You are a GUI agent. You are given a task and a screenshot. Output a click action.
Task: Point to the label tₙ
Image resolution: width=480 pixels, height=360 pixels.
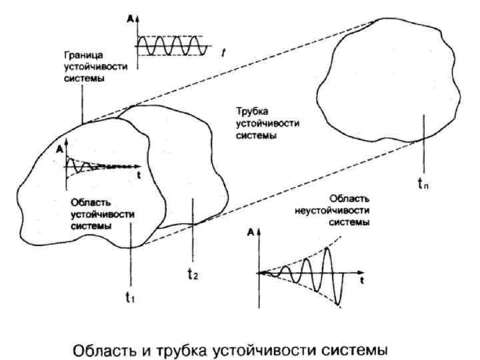tap(423, 185)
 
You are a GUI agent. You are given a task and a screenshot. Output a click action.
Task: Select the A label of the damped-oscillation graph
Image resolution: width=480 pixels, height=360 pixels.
tap(61, 148)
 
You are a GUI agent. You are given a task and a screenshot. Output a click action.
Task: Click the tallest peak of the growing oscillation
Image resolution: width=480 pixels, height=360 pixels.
tap(327, 250)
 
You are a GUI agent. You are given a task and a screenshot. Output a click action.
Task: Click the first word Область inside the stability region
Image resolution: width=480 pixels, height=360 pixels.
tap(87, 202)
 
